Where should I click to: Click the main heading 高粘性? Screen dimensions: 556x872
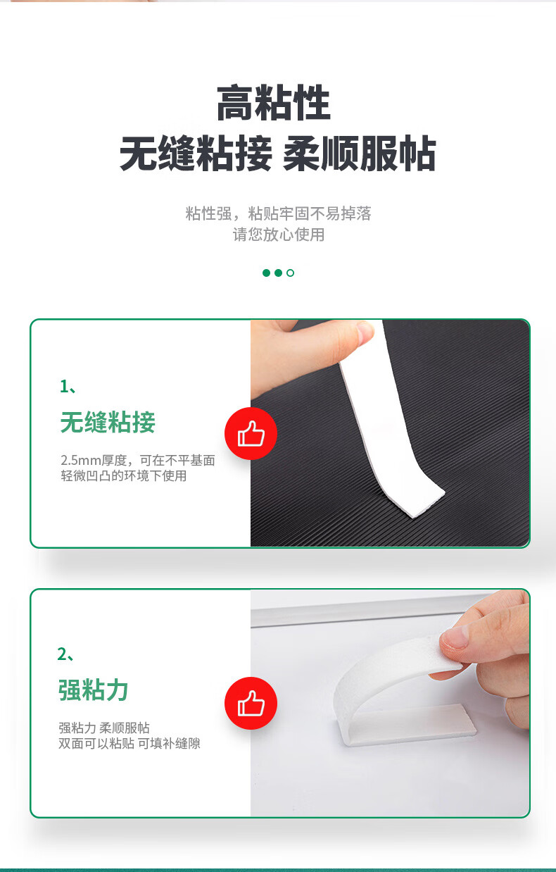coord(274,103)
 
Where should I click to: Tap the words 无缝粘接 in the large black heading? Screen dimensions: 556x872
coord(196,154)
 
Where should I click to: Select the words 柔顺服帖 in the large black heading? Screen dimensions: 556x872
coord(359,154)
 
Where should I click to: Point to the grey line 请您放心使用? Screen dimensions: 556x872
coord(279,235)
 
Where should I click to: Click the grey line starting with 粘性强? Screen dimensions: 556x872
coord(278,213)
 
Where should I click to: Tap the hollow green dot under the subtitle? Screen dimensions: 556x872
coord(290,273)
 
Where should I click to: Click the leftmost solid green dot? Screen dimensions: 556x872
coord(267,273)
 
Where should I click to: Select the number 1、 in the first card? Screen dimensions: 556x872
coord(68,387)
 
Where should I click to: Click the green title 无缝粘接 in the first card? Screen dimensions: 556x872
coord(108,422)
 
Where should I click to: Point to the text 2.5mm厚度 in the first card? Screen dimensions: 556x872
coord(94,461)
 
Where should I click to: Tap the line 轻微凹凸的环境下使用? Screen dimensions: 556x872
coord(123,475)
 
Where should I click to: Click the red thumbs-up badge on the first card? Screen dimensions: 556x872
coord(251,434)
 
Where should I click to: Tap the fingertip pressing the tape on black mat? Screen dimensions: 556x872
coord(364,332)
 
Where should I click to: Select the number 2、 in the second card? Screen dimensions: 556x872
coord(65,654)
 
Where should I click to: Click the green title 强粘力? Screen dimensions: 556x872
coord(94,690)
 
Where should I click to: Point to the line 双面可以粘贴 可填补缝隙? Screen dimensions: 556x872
coord(129,744)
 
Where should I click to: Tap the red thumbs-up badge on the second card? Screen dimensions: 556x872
coord(251,703)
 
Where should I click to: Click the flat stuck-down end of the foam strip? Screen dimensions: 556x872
coord(408,725)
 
